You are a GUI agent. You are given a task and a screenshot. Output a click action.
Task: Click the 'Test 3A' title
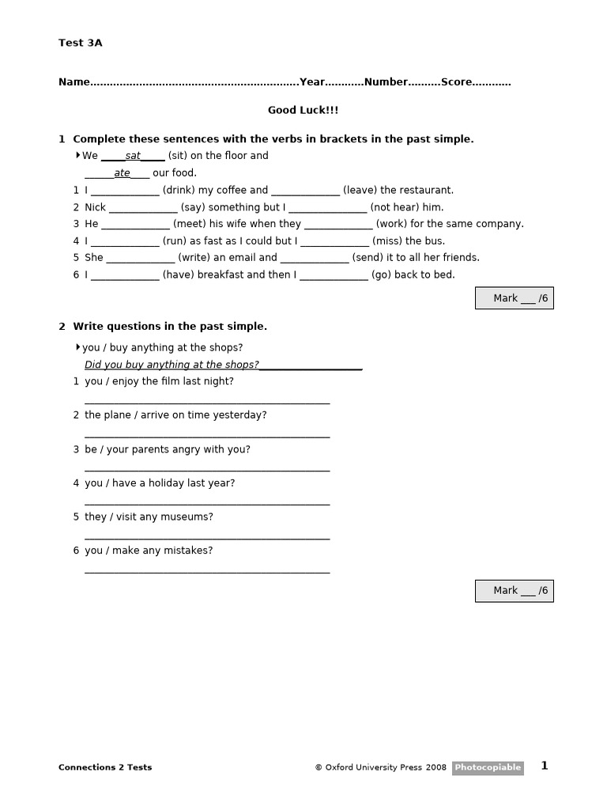80,43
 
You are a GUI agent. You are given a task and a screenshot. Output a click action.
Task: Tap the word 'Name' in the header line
74,82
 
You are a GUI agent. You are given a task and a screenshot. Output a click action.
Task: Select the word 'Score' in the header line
455,82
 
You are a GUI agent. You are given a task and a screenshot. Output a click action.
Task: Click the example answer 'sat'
133,156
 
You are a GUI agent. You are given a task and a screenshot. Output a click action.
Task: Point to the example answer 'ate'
122,173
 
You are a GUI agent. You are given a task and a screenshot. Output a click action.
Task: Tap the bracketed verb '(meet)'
190,224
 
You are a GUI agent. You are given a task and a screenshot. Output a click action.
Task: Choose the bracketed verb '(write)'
194,258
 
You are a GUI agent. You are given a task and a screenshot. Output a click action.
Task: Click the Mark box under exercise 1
515,298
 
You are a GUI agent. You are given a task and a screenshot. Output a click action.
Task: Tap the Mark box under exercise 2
515,591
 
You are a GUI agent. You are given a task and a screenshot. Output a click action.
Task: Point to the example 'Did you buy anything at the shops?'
172,365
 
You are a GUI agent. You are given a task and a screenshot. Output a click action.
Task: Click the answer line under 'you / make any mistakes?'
207,571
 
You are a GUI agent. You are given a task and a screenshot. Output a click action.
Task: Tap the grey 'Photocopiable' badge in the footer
488,767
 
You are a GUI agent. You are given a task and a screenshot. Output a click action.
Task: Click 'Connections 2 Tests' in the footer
105,767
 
